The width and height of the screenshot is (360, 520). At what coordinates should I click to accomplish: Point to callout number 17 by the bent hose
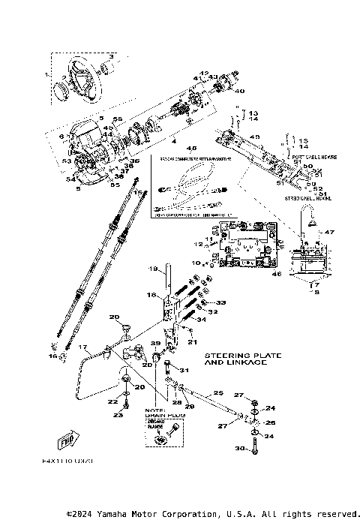84,347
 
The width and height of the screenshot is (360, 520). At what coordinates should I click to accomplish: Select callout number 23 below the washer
118,414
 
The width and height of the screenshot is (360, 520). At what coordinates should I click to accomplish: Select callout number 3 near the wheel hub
111,57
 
